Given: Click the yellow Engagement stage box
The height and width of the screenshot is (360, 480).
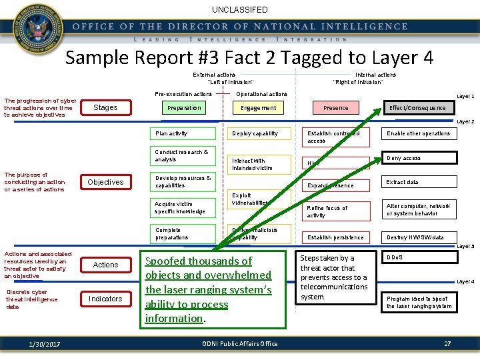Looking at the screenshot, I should point(259,108).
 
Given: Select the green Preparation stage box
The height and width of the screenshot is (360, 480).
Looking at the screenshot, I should point(184,108).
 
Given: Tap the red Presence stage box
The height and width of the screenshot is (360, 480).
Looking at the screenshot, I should point(336,108).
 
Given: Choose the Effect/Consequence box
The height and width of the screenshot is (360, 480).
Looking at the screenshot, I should point(418,108).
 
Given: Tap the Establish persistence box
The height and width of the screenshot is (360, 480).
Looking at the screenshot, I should point(335,237).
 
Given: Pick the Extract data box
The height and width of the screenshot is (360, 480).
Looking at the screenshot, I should point(418,182).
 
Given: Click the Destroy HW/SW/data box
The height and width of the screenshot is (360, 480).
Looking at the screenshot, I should point(418,237).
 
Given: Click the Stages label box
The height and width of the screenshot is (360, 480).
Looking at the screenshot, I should point(105,108).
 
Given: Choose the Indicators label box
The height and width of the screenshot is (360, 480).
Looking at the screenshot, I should point(105,299).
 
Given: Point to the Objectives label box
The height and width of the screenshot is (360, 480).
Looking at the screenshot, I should point(105,182).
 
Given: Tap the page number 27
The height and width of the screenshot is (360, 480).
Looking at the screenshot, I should point(447,343).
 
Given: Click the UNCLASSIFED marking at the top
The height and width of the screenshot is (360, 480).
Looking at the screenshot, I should point(240,10).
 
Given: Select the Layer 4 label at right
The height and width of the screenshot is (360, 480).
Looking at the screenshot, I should point(465,282).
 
